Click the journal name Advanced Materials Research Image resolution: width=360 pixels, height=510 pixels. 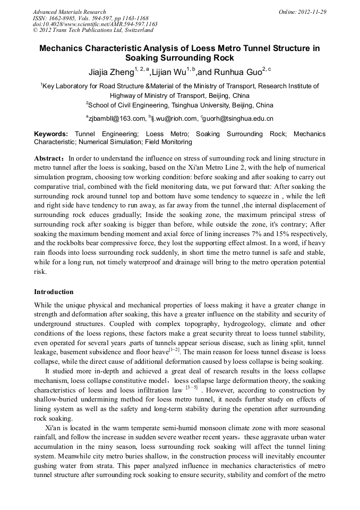click(x=69, y=12)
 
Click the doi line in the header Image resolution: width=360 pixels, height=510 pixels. click(x=95, y=24)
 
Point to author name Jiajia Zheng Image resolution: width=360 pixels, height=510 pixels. click(x=110, y=72)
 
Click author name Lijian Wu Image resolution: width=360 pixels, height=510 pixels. click(x=168, y=72)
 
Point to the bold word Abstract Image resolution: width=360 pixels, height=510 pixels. click(x=50, y=158)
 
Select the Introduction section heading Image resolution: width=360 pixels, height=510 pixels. click(x=54, y=292)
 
